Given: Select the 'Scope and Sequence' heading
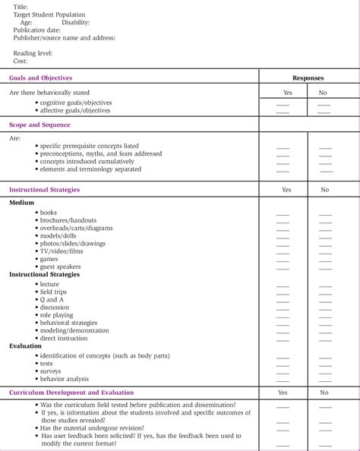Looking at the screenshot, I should tap(39, 125).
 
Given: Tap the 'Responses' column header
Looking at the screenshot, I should tap(308, 77).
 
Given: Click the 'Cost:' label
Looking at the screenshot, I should tap(21, 60).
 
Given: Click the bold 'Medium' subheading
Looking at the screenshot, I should tap(22, 203).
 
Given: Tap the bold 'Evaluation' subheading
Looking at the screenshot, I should tap(26, 345).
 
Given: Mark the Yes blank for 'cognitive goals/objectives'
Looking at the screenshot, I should tap(283, 104).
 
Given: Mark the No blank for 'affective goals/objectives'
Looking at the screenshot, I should tap(324, 112).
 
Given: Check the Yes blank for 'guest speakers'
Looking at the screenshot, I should tap(283, 268).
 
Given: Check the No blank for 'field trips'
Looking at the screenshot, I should tap(324, 292).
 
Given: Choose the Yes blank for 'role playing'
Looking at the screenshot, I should tap(283, 316).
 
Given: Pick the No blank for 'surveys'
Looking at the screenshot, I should tap(324, 372).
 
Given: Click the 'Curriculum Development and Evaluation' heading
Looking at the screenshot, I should tap(74, 393).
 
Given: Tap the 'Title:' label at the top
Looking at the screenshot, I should tap(21, 6).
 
